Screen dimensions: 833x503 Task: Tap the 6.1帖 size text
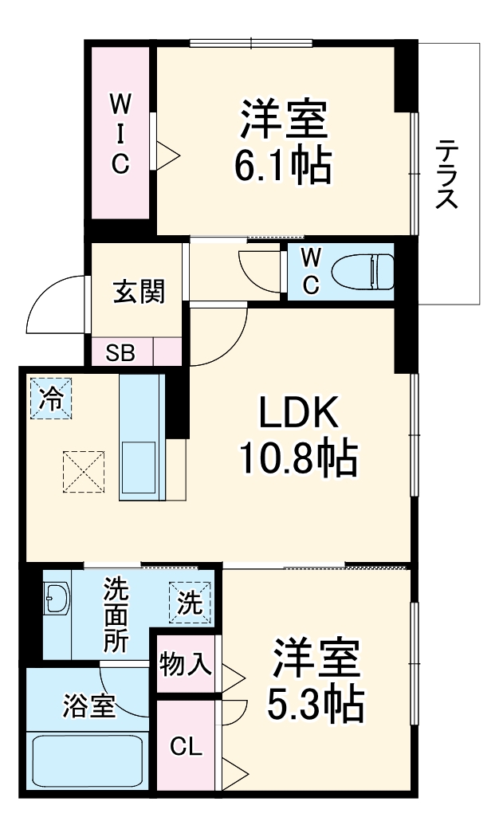click(x=283, y=164)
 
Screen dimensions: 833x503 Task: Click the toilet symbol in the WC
click(x=363, y=271)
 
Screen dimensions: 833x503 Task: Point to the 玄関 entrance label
click(x=139, y=293)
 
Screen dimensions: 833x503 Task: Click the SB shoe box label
click(x=121, y=352)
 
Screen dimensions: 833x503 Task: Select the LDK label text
click(x=299, y=414)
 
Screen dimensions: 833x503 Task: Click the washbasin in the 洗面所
click(x=57, y=599)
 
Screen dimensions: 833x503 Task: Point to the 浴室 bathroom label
click(x=89, y=705)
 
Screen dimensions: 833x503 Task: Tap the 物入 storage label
click(x=186, y=663)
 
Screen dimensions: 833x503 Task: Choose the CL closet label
click(x=185, y=748)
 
